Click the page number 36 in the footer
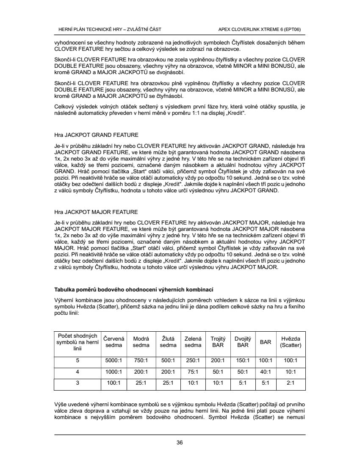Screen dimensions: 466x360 pyautogui.click(x=180, y=443)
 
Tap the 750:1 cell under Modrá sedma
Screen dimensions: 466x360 pyautogui.click(x=141, y=361)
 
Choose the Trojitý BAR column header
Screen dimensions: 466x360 pyautogui.click(x=218, y=342)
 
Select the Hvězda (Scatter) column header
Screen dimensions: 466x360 pyautogui.click(x=291, y=342)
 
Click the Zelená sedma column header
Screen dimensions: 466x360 pyautogui.click(x=193, y=342)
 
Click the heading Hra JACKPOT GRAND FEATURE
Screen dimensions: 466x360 pyautogui.click(x=96, y=135)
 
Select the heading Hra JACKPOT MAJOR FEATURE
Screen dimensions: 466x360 pyautogui.click(x=96, y=211)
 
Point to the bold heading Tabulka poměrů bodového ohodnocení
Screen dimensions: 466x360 pyautogui.click(x=134, y=289)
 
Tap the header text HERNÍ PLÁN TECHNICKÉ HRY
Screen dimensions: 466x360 pyautogui.click(x=109, y=29)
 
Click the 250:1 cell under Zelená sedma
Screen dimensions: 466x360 pyautogui.click(x=193, y=361)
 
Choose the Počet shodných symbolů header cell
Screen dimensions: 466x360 pyautogui.click(x=78, y=342)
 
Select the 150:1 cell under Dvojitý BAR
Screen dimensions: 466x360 pyautogui.click(x=243, y=361)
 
